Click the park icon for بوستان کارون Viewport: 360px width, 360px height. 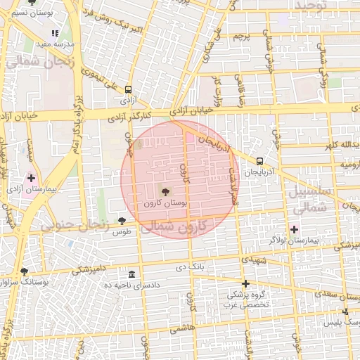coord(165,191)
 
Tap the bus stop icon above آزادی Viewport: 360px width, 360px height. coord(128,90)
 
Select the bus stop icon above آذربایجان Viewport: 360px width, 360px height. coord(260,160)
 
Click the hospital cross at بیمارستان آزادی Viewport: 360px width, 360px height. coord(31,179)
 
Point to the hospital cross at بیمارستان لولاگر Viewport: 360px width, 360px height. coord(294,229)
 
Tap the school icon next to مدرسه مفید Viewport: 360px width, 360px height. coord(55,33)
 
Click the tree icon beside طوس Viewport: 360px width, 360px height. coord(122,221)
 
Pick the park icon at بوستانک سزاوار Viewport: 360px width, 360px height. coord(25,271)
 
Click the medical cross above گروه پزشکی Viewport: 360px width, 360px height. coord(245,283)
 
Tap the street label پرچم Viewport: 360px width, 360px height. coord(240,35)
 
